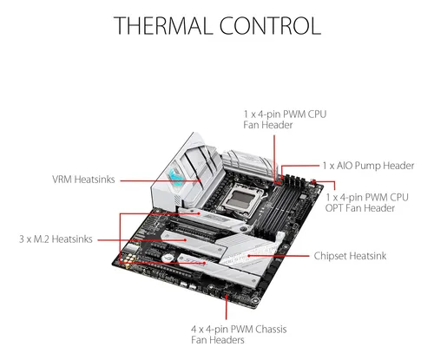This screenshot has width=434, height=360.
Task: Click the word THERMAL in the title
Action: coord(161,26)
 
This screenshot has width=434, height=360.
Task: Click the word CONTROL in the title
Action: coord(270,26)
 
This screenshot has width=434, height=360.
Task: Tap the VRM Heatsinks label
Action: coord(83,180)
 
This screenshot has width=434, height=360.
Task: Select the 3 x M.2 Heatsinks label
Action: coord(56,239)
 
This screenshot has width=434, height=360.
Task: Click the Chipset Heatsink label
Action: coord(350,256)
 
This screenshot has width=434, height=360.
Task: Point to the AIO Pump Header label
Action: coord(368,166)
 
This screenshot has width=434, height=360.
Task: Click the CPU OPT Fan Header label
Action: coord(366,203)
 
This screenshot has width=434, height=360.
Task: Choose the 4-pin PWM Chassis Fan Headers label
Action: coord(239,334)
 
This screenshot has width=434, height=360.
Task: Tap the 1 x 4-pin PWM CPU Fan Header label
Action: coord(285,120)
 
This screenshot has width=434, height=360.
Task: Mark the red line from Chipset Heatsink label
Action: coord(279,256)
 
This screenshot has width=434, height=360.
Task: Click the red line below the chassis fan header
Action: coord(227,307)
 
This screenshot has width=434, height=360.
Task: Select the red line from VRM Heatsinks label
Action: coord(161,181)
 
